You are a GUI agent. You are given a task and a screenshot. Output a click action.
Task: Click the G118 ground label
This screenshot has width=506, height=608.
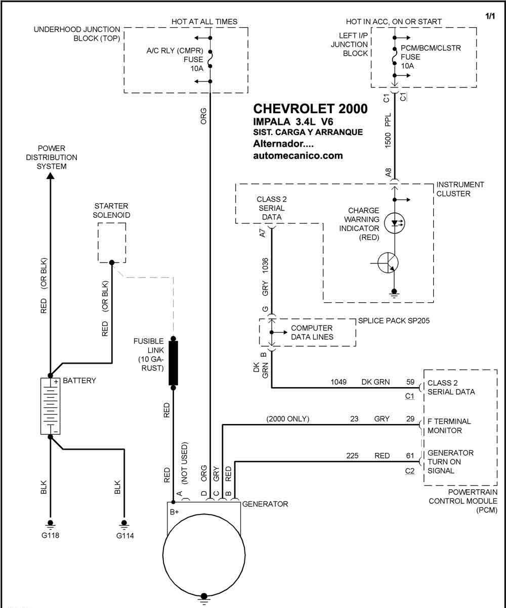(x=50, y=535)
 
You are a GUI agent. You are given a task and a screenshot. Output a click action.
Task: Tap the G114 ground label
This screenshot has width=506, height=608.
(x=125, y=536)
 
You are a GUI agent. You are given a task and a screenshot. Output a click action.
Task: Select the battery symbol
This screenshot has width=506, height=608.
(x=51, y=406)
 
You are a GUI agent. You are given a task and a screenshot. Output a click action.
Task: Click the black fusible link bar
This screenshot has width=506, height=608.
(x=173, y=363)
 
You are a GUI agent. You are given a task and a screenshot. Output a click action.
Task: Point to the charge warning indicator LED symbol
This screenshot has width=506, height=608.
(x=394, y=223)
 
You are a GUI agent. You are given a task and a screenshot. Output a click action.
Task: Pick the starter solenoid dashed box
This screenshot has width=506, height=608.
(x=112, y=243)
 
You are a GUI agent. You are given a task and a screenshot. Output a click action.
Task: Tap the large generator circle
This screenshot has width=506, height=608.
(x=204, y=555)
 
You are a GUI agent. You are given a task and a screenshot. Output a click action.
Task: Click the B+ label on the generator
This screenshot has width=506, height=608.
(x=174, y=512)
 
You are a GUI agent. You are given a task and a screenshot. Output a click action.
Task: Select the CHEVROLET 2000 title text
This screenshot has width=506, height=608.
(x=310, y=109)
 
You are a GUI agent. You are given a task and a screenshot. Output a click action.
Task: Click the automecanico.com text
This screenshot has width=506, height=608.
(x=298, y=156)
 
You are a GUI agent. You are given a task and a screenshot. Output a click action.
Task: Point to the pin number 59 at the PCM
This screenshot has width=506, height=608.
(x=410, y=382)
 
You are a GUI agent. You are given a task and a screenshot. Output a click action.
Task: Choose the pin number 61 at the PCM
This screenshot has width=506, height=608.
(x=410, y=455)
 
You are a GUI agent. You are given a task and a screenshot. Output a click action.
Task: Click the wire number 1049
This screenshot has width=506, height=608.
(x=339, y=382)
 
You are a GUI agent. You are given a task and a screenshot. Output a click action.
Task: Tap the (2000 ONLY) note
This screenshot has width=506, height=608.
(x=288, y=419)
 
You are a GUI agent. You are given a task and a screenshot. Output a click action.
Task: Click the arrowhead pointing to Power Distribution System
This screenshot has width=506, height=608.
(x=51, y=175)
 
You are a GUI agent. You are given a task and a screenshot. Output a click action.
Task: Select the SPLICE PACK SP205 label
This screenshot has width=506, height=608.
(x=394, y=320)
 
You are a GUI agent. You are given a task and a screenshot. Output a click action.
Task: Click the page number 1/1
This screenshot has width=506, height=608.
(x=490, y=16)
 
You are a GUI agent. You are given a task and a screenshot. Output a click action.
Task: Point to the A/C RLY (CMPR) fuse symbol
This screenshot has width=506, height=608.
(x=210, y=60)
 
